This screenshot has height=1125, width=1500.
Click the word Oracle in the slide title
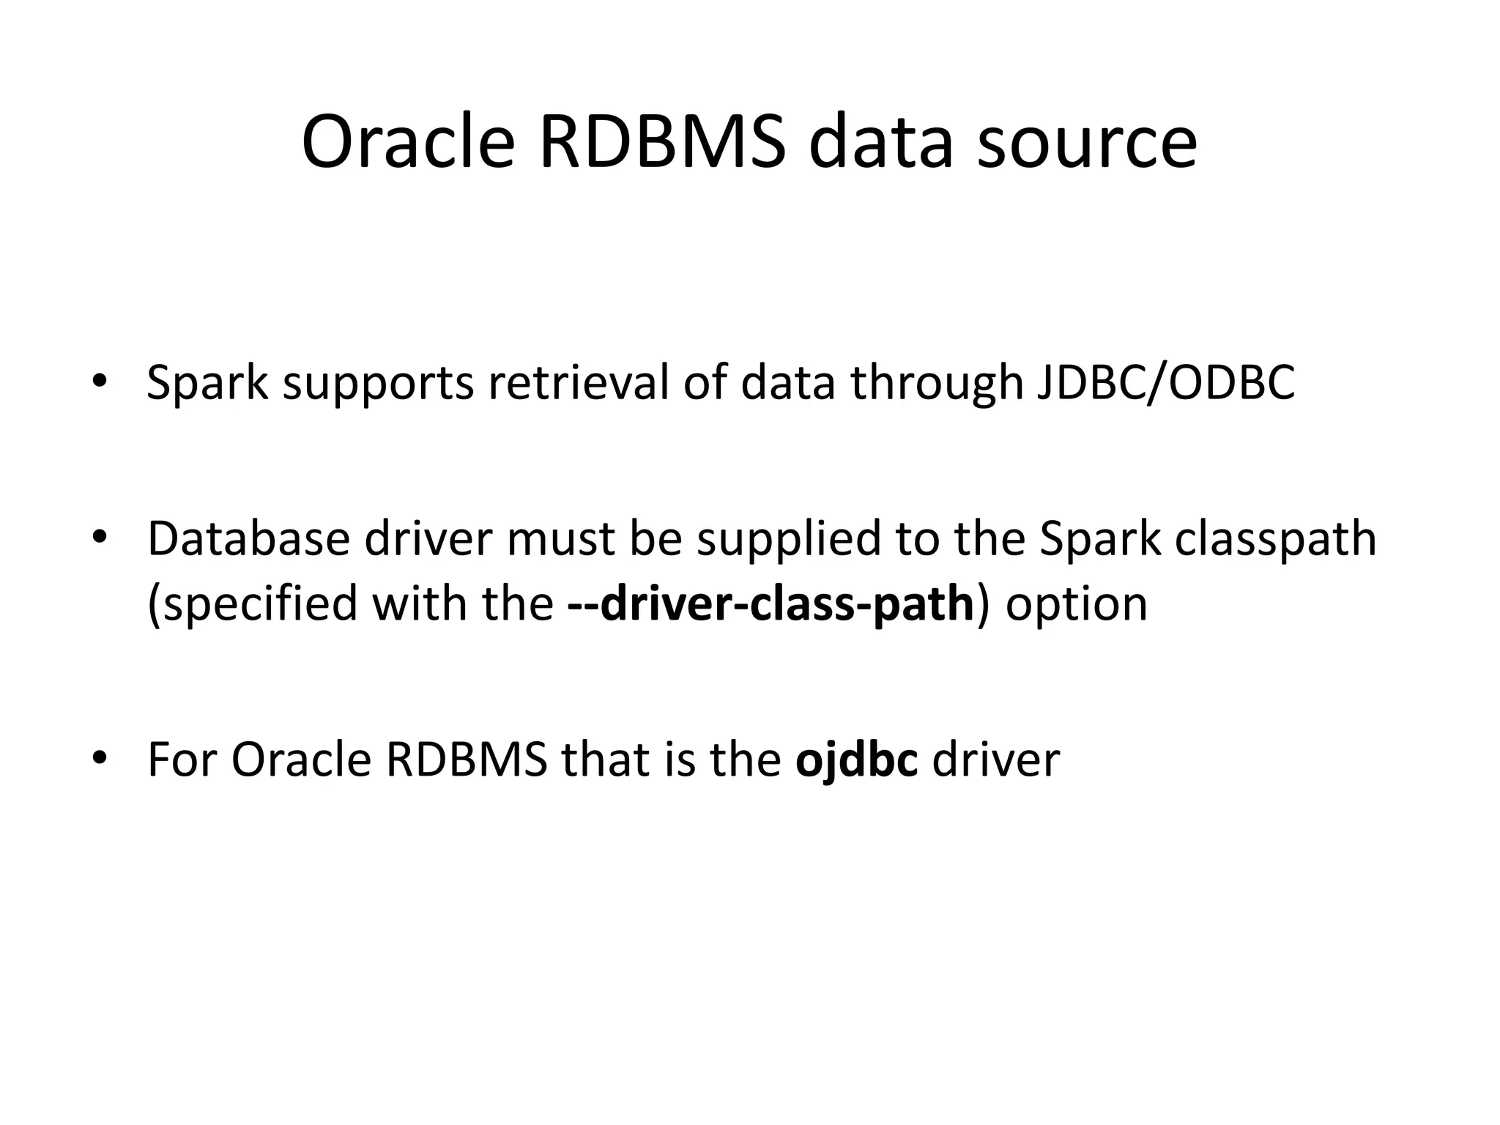[x=408, y=142]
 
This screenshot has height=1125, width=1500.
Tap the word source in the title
[x=1087, y=142]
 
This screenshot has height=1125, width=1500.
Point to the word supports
[x=378, y=384]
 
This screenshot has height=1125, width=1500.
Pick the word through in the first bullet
[x=935, y=382]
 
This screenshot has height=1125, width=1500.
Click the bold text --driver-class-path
[x=771, y=605]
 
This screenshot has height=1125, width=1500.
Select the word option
[x=1076, y=605]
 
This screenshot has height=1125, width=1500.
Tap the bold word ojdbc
[x=856, y=760]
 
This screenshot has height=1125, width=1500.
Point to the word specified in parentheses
[x=259, y=605]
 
